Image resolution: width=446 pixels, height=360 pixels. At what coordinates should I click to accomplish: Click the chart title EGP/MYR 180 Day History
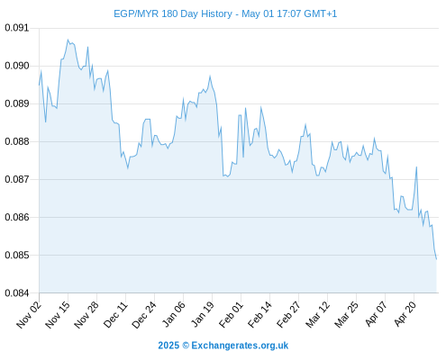point(173,13)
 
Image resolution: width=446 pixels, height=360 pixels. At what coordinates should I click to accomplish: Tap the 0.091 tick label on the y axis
point(17,28)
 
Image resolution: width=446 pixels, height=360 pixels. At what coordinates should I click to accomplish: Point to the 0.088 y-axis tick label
point(17,141)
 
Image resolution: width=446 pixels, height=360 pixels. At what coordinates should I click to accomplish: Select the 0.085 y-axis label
point(17,255)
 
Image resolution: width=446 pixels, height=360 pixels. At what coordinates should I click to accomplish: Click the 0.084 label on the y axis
point(17,292)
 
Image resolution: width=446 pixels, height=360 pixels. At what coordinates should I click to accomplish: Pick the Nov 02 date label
point(29,314)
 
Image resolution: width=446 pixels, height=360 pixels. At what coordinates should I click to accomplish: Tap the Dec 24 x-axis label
point(144,314)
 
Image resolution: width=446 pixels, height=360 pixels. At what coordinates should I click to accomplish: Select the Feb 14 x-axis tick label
point(260,314)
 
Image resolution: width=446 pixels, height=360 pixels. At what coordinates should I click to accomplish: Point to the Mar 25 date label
point(347,314)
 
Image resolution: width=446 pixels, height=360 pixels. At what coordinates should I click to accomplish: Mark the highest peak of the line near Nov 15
point(68,40)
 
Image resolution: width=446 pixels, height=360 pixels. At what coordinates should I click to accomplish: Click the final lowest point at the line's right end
point(436,259)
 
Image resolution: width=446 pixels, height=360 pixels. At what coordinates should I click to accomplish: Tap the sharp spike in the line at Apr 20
point(416,166)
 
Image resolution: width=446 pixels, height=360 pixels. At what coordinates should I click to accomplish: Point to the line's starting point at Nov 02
point(39,85)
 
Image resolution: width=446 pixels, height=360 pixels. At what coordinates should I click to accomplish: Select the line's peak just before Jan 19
point(210,76)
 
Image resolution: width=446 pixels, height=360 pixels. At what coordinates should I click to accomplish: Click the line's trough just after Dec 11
point(128,168)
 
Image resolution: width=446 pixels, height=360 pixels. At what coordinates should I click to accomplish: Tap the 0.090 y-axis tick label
point(17,66)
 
